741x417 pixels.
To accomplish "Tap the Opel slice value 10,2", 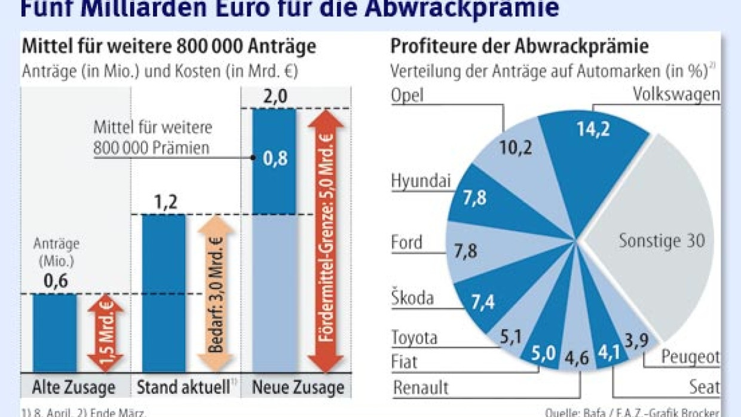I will [516, 147].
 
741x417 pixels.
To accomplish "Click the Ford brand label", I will [406, 243].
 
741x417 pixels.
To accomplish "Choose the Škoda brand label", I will [412, 298].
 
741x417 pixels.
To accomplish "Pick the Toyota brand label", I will [414, 338].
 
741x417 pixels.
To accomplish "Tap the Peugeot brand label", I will [690, 357].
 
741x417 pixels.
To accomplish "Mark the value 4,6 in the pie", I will [577, 360].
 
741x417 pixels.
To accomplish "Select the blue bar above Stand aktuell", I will [164, 293].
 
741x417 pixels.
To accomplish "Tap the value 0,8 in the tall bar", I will [274, 160].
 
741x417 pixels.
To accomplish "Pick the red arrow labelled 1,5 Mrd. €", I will [106, 333].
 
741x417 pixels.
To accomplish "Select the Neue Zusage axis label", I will [298, 387].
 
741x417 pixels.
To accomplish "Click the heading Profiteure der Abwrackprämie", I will [519, 47].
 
